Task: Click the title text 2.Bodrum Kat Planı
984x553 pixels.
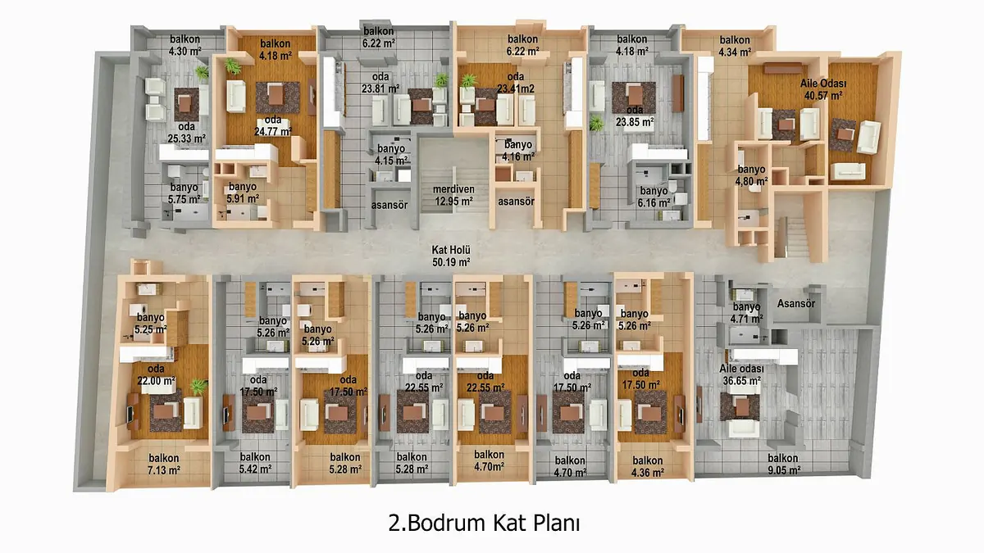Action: click(484, 523)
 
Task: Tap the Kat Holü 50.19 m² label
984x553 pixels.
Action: click(451, 256)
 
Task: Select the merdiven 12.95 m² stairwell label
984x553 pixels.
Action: click(453, 195)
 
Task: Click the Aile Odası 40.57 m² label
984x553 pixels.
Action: click(823, 89)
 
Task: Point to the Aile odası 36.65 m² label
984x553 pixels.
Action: click(742, 375)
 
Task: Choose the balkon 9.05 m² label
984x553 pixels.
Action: click(784, 464)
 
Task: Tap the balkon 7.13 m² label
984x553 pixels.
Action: click(164, 464)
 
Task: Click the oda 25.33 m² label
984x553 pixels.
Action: click(187, 133)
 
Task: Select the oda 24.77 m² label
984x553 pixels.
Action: click(273, 125)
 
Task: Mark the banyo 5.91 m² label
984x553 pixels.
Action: click(243, 193)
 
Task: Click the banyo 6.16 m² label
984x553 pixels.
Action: click(654, 197)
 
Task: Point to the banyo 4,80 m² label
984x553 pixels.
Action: click(752, 175)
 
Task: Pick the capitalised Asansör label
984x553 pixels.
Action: click(796, 303)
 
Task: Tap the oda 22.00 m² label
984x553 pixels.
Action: click(157, 375)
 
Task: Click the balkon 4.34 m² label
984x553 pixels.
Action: click(735, 46)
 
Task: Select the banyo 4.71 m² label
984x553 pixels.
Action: click(747, 312)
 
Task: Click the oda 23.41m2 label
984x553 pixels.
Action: click(516, 83)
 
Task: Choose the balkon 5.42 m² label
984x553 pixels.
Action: click(255, 463)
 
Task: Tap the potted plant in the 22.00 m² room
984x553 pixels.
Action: click(198, 386)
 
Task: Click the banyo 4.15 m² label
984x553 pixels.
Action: click(391, 155)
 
